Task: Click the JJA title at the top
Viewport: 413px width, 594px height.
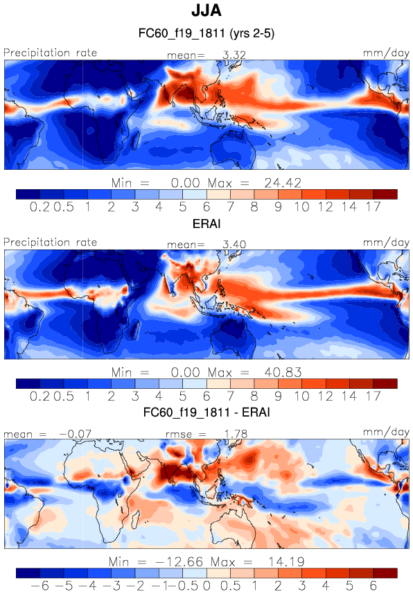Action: [206, 10]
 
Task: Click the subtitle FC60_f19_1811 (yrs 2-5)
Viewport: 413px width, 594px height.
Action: [206, 33]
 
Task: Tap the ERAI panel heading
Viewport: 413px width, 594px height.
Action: [206, 223]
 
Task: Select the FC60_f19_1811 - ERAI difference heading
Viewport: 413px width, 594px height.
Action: [206, 412]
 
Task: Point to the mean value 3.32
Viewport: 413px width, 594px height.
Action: [234, 55]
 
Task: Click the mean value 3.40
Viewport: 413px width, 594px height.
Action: [234, 245]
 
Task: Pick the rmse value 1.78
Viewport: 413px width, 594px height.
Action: [236, 434]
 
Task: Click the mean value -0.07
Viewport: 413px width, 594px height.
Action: [76, 434]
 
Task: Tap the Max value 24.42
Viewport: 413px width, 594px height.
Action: [283, 183]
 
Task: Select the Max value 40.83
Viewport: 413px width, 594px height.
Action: [283, 372]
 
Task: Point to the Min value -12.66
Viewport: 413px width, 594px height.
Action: [179, 561]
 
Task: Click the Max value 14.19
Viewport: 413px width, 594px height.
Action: [286, 561]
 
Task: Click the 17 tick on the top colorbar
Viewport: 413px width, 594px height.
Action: [374, 207]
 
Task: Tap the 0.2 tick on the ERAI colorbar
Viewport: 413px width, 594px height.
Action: [39, 396]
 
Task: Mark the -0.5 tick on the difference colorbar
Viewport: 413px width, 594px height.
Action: [188, 586]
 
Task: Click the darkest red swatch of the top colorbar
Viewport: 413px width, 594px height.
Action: [385, 194]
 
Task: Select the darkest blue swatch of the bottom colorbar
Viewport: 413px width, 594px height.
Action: [28, 573]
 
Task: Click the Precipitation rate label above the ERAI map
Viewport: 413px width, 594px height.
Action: [51, 243]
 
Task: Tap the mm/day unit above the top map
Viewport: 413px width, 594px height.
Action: [386, 53]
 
